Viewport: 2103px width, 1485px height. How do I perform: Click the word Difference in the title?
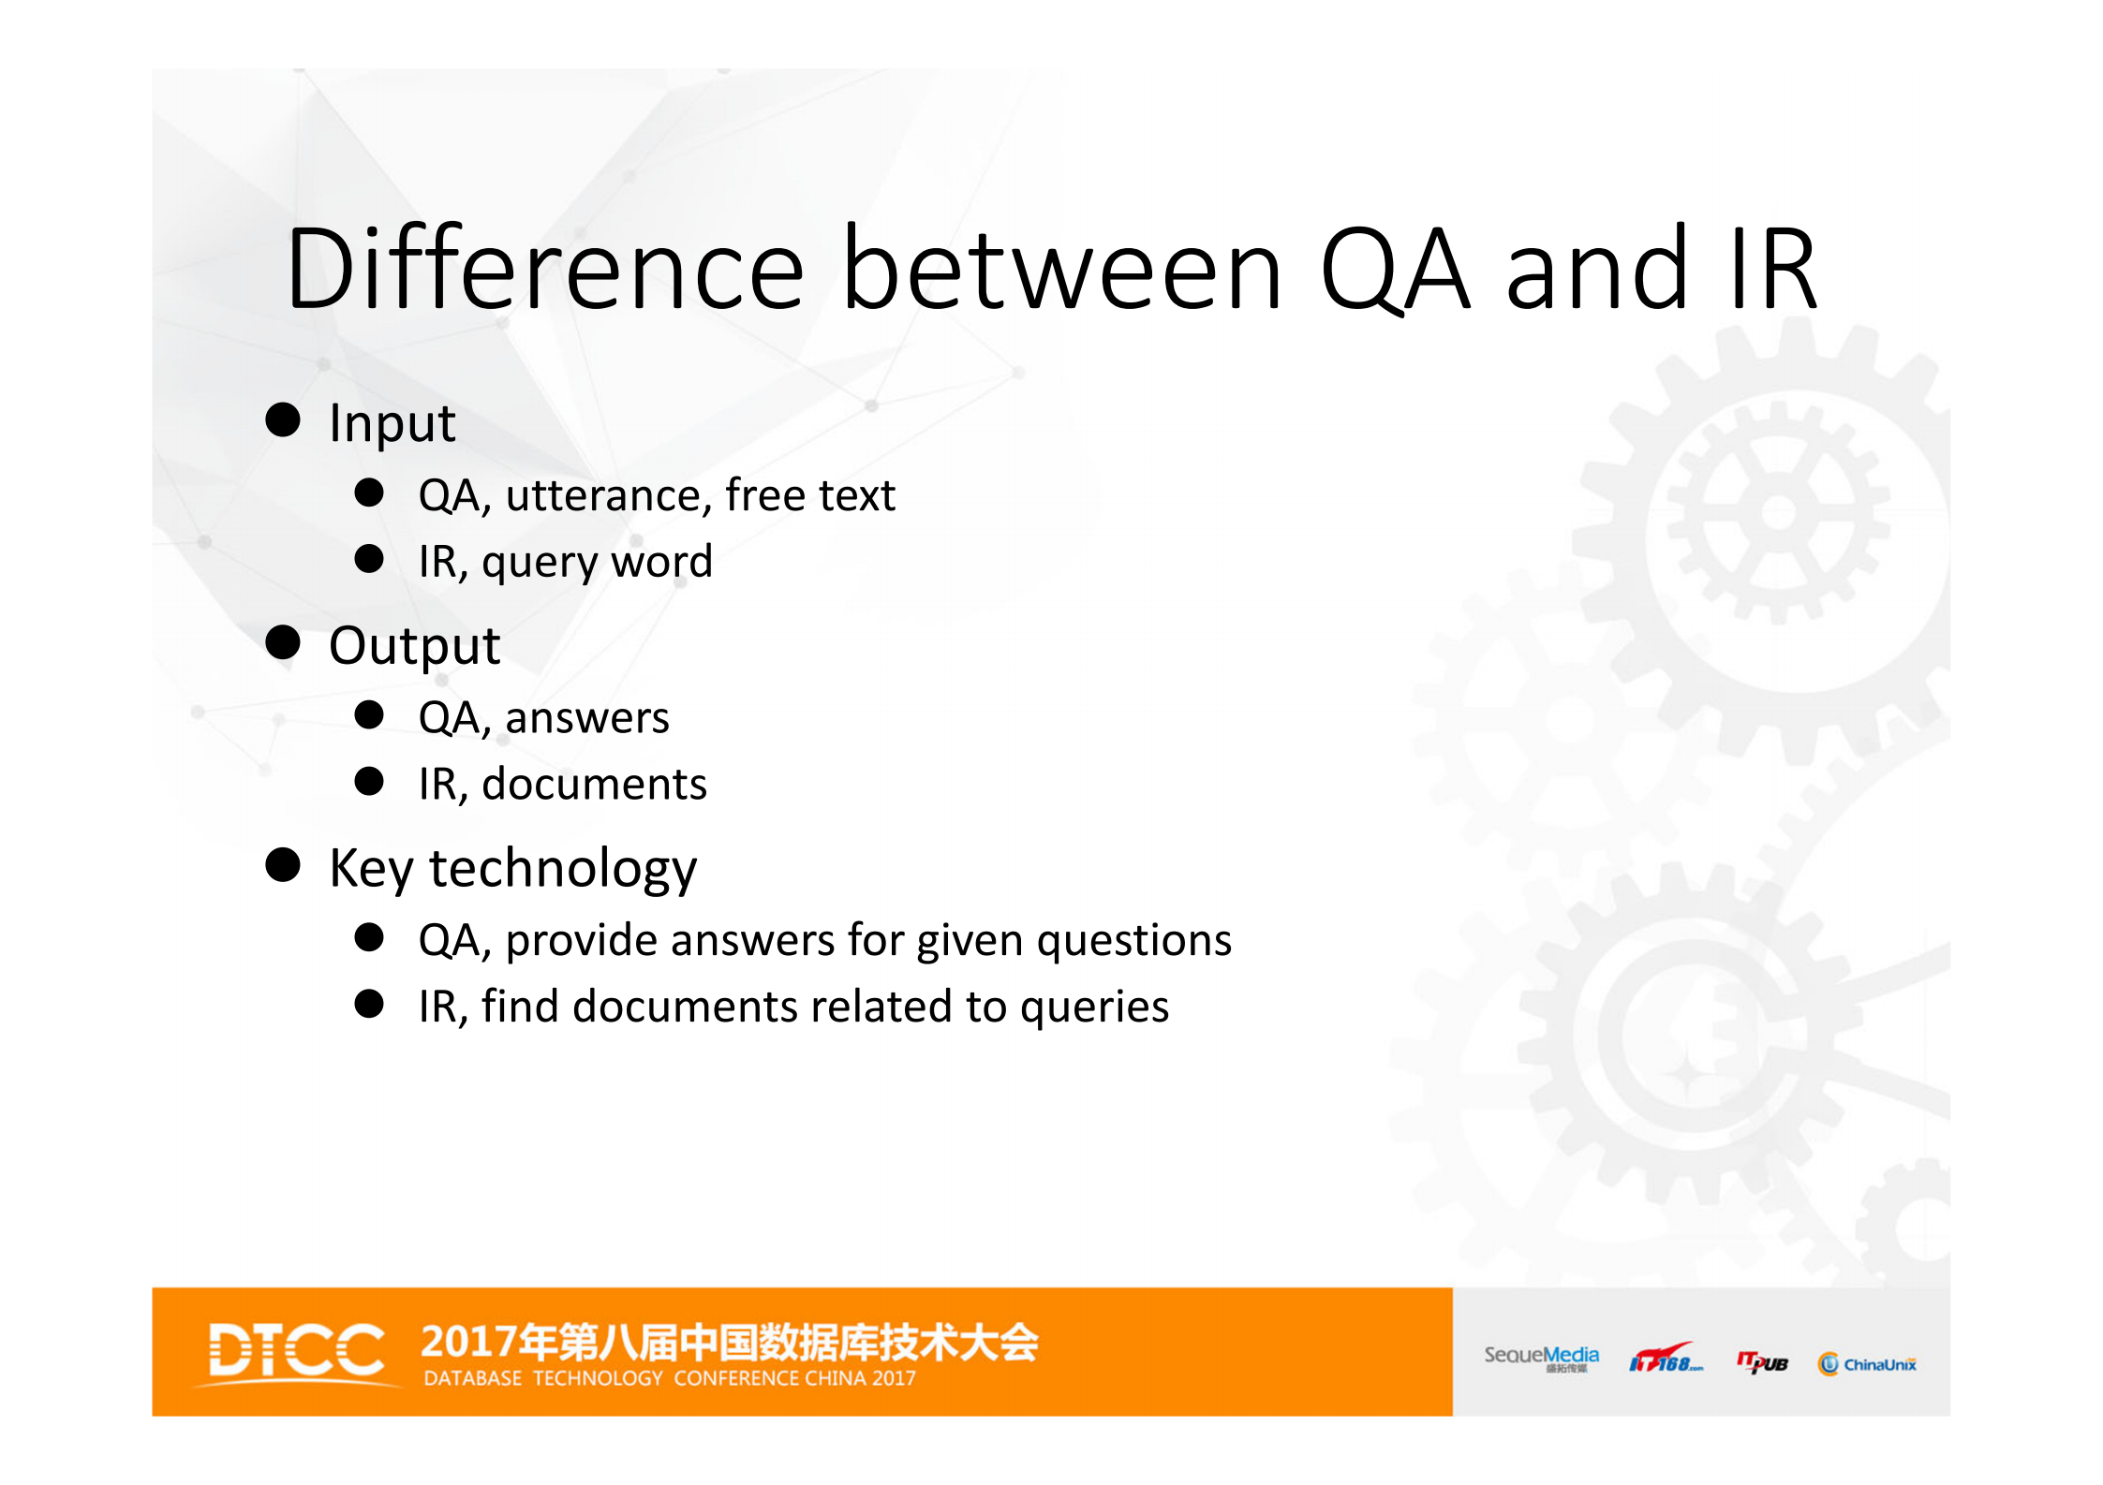[544, 270]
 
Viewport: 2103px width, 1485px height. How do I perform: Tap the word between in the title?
[1062, 270]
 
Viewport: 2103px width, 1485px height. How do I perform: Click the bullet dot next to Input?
[283, 420]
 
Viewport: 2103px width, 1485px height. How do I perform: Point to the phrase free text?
[810, 494]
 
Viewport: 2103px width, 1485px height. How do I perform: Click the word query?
[539, 563]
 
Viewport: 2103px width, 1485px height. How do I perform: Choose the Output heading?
[414, 645]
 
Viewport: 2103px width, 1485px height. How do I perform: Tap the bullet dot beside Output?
[283, 643]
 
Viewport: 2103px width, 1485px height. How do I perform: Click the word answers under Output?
[587, 718]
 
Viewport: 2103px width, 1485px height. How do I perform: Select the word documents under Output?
[594, 784]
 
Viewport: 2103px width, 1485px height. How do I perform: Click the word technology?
[563, 868]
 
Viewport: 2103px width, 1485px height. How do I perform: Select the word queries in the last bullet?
[1094, 1007]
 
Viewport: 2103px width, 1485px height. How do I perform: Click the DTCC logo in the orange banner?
[296, 1351]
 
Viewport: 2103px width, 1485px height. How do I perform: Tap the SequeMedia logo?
[1541, 1358]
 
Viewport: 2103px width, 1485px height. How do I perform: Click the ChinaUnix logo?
[1867, 1364]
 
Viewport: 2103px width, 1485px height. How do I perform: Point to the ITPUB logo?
[1762, 1362]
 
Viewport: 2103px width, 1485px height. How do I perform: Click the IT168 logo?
[1666, 1360]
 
